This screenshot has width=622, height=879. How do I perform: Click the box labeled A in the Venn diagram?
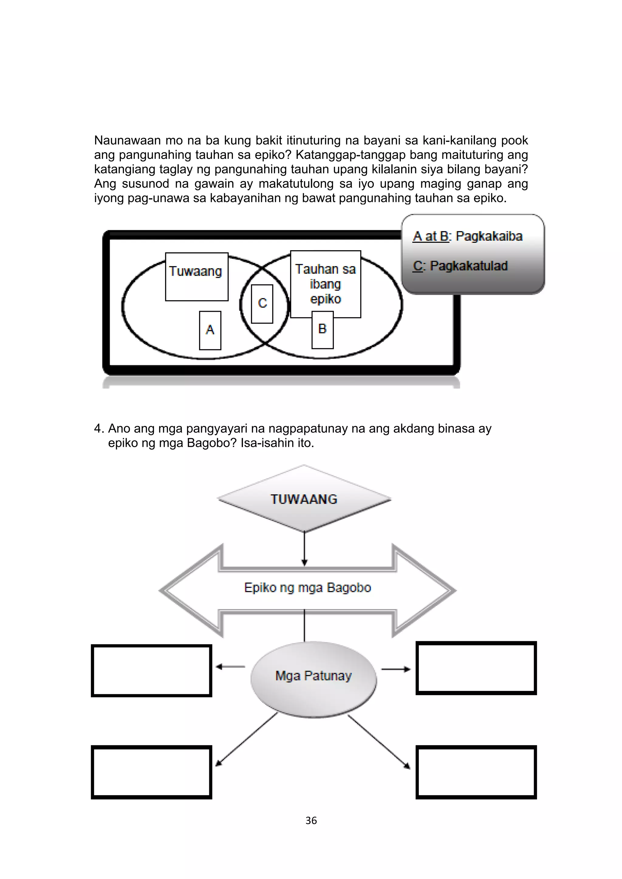tap(210, 330)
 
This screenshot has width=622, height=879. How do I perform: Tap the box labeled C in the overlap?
tap(262, 304)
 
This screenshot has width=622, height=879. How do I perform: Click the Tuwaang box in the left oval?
tap(197, 276)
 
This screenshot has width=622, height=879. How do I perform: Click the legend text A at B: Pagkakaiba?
tap(467, 236)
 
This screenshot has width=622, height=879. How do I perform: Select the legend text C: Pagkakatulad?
tap(460, 266)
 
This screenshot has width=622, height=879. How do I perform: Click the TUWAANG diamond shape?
tap(304, 499)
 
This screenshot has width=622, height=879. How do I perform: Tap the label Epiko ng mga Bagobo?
tap(307, 588)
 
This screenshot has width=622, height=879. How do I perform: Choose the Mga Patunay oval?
tap(313, 676)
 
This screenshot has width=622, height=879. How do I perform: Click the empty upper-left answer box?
tap(151, 670)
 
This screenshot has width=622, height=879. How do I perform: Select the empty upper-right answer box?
tap(476, 669)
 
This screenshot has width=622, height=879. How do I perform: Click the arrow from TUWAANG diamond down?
tap(304, 548)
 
